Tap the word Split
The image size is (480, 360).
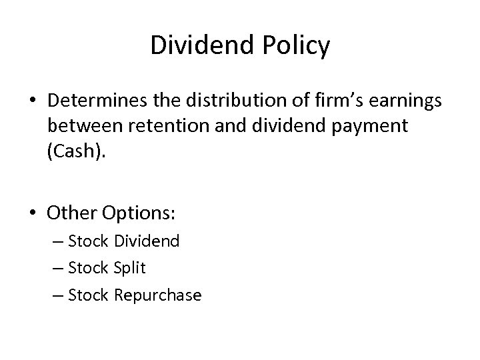click(x=129, y=268)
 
